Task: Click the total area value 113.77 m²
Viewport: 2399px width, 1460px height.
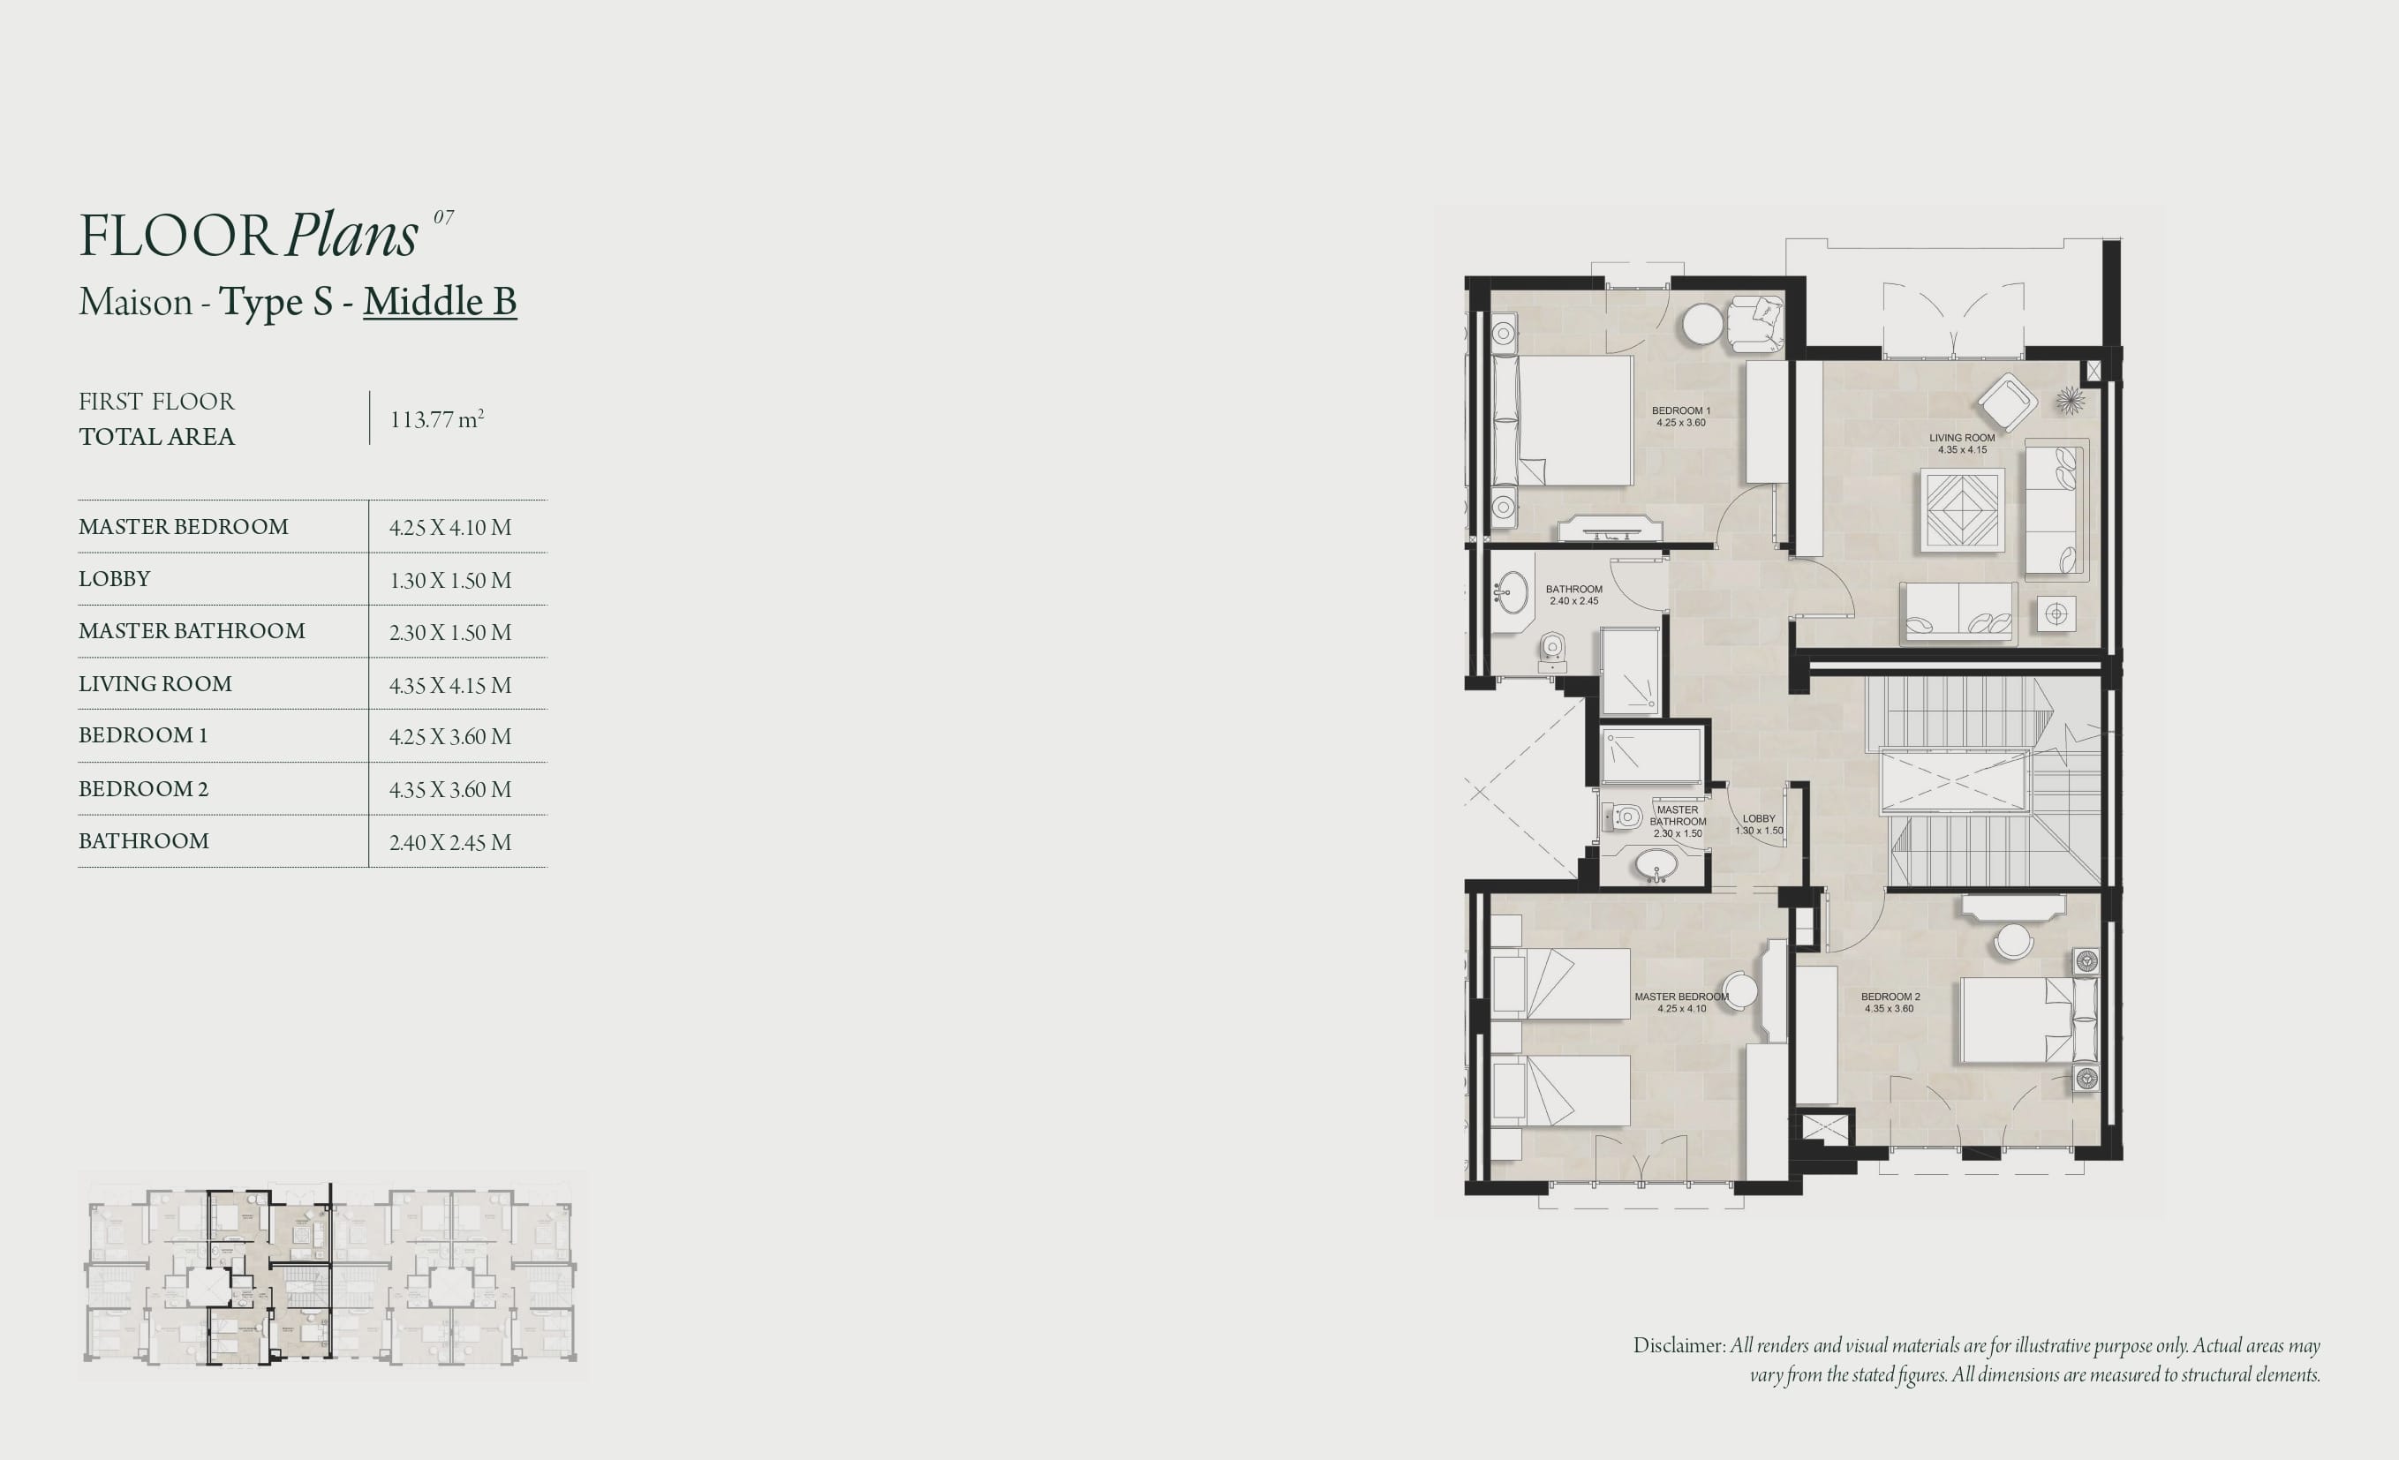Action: pos(437,418)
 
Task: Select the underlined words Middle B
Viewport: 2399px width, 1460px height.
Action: pos(440,301)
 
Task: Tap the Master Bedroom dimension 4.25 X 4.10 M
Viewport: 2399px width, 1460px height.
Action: pos(449,528)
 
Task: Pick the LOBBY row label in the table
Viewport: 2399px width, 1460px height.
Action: pos(114,579)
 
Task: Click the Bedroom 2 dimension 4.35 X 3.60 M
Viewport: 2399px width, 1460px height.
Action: pos(449,789)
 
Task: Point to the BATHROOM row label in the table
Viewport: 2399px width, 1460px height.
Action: pos(143,841)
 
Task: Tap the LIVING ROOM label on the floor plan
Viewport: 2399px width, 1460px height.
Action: pos(1962,438)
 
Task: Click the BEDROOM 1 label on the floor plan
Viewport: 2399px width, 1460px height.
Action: pos(1680,410)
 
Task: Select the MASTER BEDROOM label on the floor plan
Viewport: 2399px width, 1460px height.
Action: pos(1681,997)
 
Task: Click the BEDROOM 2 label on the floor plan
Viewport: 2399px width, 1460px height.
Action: pos(1890,997)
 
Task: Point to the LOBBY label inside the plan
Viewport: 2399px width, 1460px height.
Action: pos(1758,818)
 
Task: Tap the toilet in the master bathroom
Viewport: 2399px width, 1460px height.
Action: pos(1624,816)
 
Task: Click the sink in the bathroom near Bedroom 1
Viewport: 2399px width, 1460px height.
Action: pos(1512,591)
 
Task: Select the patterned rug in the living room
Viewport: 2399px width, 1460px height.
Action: pos(1962,510)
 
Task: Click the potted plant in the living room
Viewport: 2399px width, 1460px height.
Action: pos(2070,400)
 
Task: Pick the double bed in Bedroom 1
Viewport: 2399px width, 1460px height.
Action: pos(1563,420)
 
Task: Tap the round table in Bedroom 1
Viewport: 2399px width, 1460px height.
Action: pos(1703,324)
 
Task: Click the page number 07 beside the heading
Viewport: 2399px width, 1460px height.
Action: pos(443,217)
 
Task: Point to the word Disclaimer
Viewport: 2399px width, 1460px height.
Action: pos(1679,1345)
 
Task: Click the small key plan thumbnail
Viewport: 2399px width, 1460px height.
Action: pos(331,1274)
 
